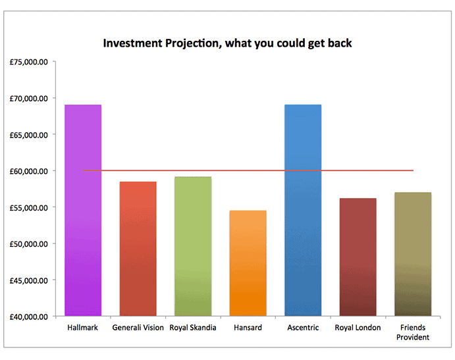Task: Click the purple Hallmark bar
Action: (x=83, y=211)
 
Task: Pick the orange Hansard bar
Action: (x=248, y=263)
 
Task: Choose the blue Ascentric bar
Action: (x=303, y=211)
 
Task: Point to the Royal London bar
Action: (x=358, y=257)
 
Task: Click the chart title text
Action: (x=227, y=43)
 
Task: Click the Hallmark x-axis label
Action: (x=83, y=328)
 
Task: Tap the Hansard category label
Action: (x=248, y=328)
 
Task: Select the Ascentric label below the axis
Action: (x=303, y=328)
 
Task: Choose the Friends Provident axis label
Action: (x=413, y=332)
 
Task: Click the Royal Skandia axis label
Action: (x=193, y=328)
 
